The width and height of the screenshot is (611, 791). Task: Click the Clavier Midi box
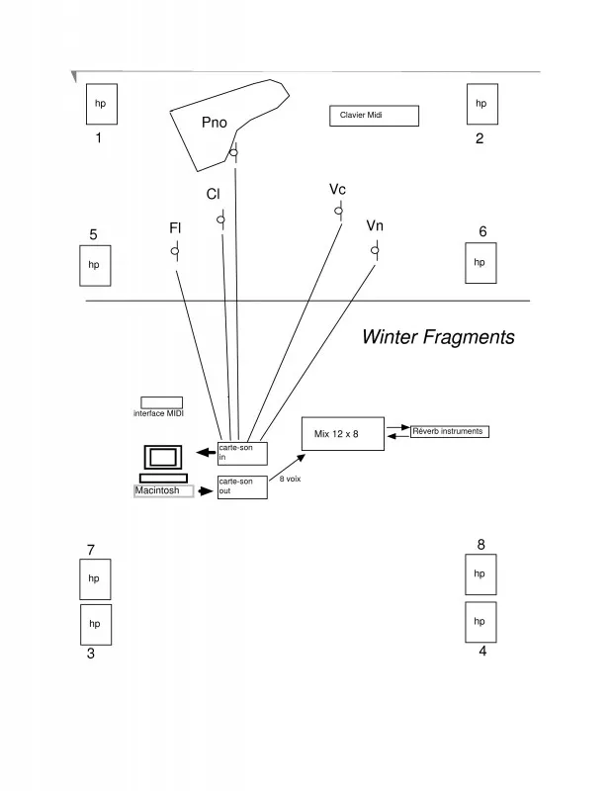tap(374, 116)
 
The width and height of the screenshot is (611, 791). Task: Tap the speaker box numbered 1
tap(100, 104)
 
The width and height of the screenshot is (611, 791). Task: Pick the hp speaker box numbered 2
tap(481, 104)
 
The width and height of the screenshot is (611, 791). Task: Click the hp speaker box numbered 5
tap(95, 265)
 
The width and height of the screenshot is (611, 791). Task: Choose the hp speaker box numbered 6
tap(480, 262)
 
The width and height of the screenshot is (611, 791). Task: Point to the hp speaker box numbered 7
tap(95, 578)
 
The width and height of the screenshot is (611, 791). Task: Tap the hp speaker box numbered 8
tap(480, 573)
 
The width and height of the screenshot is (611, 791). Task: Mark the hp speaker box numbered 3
tap(95, 623)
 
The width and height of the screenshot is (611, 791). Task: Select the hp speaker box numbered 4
tap(480, 621)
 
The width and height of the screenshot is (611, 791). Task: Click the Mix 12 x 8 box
tap(342, 434)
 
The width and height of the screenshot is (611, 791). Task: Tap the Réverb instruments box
tap(449, 432)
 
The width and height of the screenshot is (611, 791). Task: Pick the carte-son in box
tap(242, 454)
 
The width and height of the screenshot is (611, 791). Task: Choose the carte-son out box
tap(242, 487)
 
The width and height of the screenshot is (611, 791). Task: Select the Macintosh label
tap(163, 490)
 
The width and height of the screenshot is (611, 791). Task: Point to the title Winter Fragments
tap(438, 337)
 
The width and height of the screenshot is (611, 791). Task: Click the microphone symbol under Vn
tap(375, 250)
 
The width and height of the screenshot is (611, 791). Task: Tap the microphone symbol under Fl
tap(175, 252)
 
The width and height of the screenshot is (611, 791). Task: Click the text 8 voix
tap(290, 479)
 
